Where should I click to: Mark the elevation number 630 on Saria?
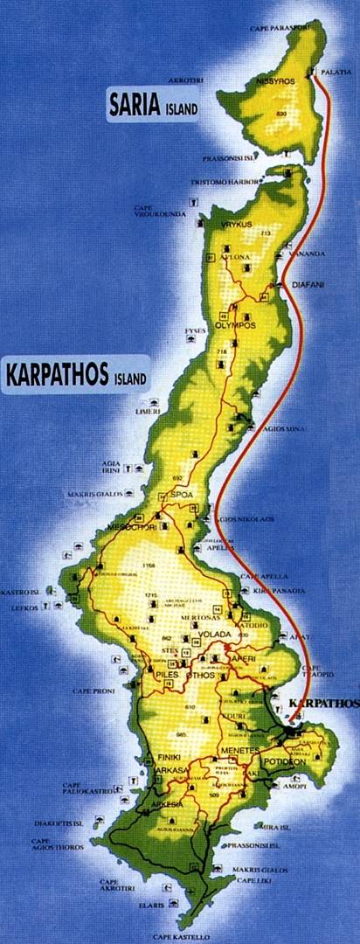click(282, 115)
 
